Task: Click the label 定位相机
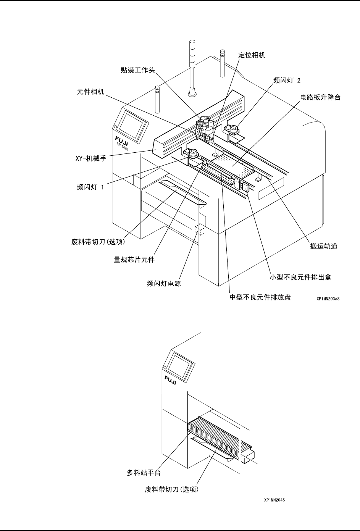[252, 55]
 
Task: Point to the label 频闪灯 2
[287, 80]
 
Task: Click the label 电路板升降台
[320, 97]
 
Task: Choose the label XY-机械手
[90, 158]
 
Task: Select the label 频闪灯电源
[164, 284]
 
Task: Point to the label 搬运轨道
[323, 247]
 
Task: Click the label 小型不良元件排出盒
[300, 277]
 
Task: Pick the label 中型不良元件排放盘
[260, 297]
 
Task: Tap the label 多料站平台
[144, 473]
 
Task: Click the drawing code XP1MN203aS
[328, 299]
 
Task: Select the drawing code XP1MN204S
[275, 499]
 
